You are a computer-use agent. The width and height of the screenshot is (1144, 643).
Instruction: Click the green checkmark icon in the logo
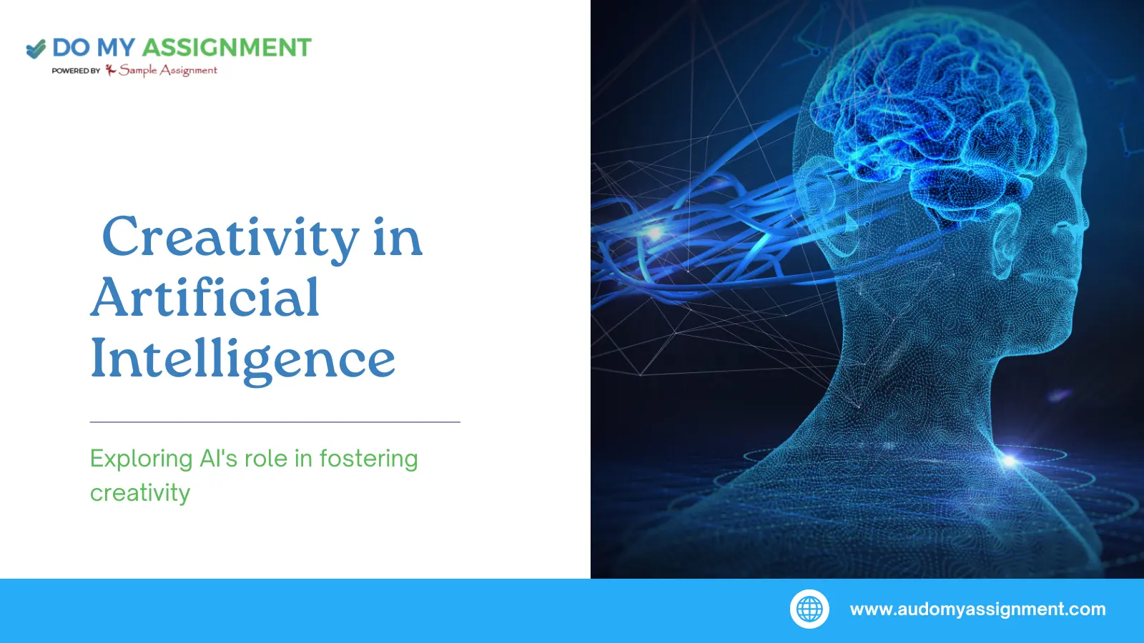[36, 49]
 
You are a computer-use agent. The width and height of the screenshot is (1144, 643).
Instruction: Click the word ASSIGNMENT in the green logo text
[226, 47]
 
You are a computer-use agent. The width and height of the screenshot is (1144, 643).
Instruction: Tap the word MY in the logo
[115, 47]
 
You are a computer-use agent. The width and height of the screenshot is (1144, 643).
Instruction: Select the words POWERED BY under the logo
[76, 71]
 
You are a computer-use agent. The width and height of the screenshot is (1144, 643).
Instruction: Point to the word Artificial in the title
[204, 297]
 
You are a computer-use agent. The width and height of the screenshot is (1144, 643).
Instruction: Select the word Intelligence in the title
[242, 360]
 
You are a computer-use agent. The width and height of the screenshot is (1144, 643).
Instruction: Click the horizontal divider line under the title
[275, 422]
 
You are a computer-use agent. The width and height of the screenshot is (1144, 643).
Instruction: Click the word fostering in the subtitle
[369, 459]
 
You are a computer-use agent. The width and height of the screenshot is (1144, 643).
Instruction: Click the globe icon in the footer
[809, 609]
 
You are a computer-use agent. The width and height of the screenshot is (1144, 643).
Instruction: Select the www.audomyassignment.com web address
[977, 609]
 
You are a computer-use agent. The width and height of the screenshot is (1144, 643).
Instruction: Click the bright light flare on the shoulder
[1010, 462]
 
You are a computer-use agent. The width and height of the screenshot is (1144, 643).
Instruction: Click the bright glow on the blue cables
[654, 233]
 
